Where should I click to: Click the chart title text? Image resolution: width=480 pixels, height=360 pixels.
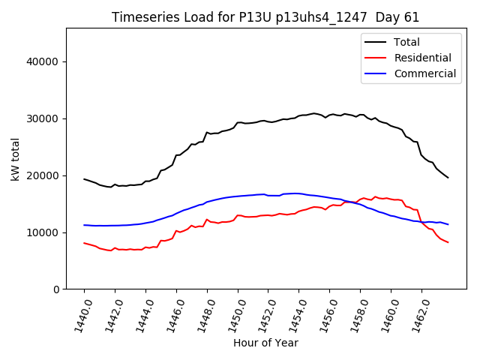[265, 17]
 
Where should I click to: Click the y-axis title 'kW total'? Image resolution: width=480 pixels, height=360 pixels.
[16, 159]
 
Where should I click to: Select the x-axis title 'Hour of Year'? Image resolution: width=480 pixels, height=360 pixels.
[265, 343]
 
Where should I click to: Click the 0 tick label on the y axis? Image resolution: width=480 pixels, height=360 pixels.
[56, 289]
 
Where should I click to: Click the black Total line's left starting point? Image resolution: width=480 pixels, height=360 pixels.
[84, 179]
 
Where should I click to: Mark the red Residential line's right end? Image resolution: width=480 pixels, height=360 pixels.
[448, 242]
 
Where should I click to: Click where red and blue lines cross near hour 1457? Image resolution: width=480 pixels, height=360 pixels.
[349, 202]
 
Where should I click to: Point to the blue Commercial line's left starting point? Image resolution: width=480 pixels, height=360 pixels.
[84, 225]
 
